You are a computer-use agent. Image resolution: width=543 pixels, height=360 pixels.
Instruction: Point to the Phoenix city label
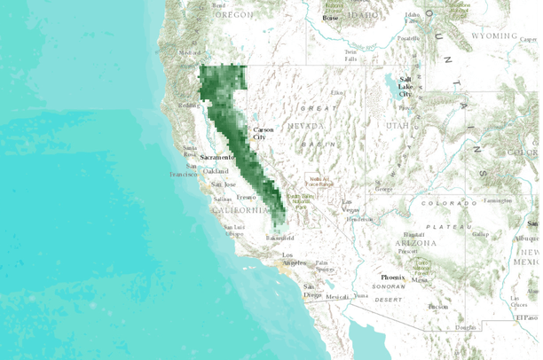(x=393, y=278)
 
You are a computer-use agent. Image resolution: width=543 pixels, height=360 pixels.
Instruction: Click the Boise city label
(x=330, y=18)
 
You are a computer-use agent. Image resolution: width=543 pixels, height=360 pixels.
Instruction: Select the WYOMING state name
(x=493, y=36)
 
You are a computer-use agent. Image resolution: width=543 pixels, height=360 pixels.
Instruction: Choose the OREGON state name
(x=232, y=14)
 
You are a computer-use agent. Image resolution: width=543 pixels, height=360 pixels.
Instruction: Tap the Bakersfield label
(x=279, y=238)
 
